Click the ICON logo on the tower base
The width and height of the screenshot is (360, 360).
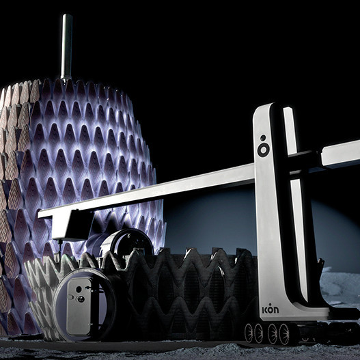pos(271,309)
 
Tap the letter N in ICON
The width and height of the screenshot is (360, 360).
pos(276,310)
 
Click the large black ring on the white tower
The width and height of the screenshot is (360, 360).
pos(263,150)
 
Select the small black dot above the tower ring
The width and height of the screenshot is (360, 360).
pos(263,138)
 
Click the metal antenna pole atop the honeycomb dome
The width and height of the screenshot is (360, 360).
pos(66,47)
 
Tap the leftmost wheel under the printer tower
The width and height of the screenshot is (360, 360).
pos(249,333)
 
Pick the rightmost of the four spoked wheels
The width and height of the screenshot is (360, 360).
pos(284,334)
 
